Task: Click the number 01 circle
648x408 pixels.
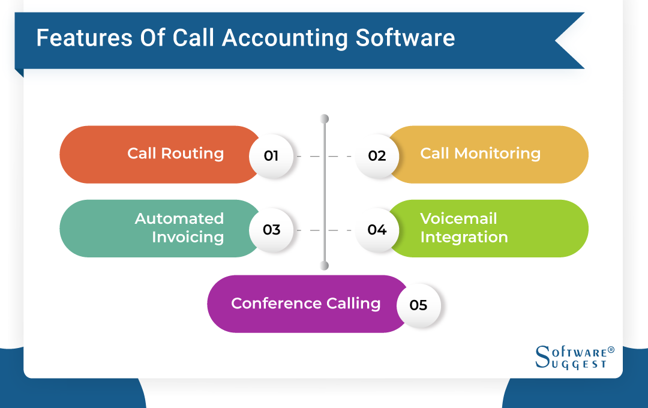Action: click(x=271, y=156)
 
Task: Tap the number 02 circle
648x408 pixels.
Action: click(x=377, y=156)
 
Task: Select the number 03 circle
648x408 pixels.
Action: click(x=271, y=230)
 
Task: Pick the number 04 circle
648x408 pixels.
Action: click(x=377, y=230)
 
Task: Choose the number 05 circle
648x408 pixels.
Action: click(x=418, y=305)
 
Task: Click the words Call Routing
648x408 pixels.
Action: click(x=175, y=154)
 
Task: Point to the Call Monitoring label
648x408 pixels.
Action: click(x=480, y=154)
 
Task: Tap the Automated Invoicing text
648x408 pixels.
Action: click(x=179, y=228)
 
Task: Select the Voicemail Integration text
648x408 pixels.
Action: click(x=464, y=228)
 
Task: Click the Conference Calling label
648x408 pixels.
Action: click(x=305, y=304)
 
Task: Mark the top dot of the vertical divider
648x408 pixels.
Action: click(x=325, y=118)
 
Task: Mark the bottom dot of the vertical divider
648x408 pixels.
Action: click(x=325, y=265)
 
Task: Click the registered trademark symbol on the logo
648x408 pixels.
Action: click(x=611, y=349)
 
